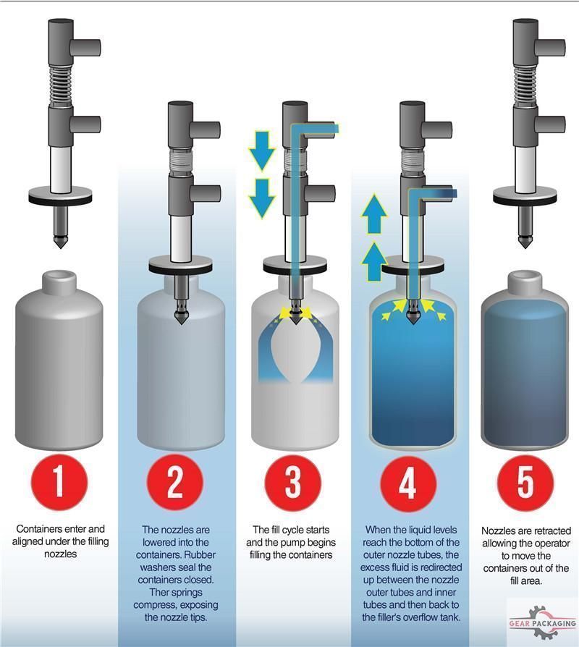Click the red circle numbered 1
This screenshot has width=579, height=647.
59,481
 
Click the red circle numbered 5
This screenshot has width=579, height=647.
525,481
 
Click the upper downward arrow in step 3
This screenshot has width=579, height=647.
262,148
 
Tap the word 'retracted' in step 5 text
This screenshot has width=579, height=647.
551,530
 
